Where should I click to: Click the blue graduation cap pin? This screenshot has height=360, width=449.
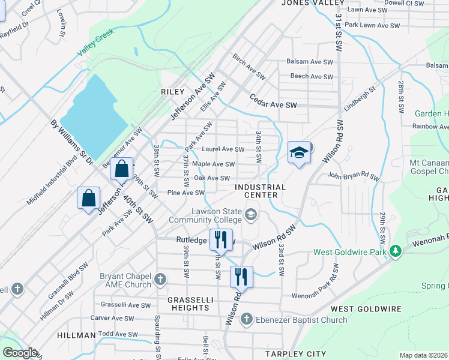(299, 152)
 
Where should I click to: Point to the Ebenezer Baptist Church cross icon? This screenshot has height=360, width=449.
(247, 320)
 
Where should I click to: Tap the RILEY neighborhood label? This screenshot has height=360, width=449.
(172, 92)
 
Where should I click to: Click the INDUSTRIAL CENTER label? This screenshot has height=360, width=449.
(260, 191)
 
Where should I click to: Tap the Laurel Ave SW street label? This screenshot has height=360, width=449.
(223, 149)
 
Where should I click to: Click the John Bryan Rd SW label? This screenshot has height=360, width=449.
(354, 176)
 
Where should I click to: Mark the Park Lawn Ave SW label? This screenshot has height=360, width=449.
(372, 26)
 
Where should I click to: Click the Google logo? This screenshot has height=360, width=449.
(20, 353)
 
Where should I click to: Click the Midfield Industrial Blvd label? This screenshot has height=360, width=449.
(52, 180)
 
